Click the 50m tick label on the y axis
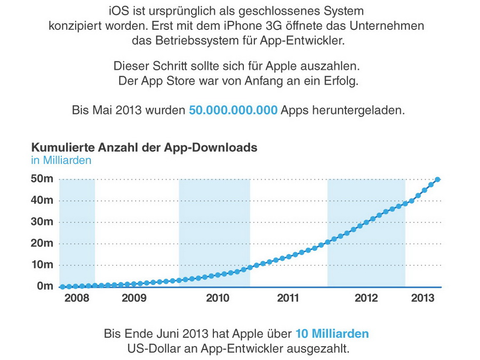point(42,179)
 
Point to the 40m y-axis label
point(42,201)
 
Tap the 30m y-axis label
point(42,222)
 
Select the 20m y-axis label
point(42,243)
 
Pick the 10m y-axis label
point(42,265)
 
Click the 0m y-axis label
point(45,286)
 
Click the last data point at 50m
point(438,180)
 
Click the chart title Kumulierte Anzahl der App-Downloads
point(145,148)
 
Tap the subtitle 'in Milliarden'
point(61,160)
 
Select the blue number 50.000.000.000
point(233,110)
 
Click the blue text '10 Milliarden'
point(332,334)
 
